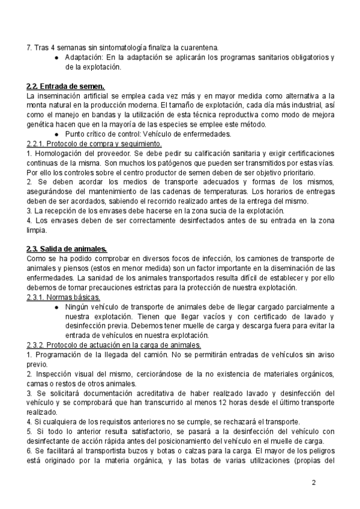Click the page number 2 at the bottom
[x=314, y=483]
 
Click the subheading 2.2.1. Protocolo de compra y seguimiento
[x=94, y=144]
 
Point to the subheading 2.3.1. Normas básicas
[x=64, y=298]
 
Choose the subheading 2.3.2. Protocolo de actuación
[x=114, y=345]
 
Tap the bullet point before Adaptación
[x=56, y=58]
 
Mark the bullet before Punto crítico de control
[x=56, y=134]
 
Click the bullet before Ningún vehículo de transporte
[x=56, y=307]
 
